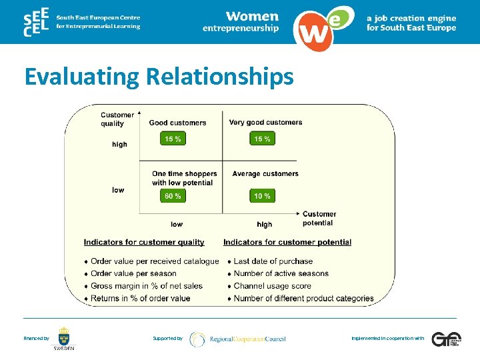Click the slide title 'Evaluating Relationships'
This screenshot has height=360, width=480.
click(x=159, y=77)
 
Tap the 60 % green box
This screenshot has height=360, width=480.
click(x=173, y=196)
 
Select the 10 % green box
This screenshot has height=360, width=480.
click(x=262, y=196)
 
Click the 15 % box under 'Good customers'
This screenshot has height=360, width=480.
click(x=173, y=139)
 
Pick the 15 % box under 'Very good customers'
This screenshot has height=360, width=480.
click(x=262, y=139)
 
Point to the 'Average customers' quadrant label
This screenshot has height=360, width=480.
click(x=265, y=174)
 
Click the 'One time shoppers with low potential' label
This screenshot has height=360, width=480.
click(x=183, y=178)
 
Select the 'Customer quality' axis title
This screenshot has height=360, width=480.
click(x=117, y=119)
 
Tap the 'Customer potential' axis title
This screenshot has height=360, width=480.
click(x=319, y=218)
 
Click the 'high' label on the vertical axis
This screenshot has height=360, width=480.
click(x=119, y=144)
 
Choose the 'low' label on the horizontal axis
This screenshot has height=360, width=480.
click(x=177, y=225)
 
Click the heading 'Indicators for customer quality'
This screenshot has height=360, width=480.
click(x=144, y=242)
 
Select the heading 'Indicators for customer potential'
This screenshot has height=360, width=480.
click(x=287, y=242)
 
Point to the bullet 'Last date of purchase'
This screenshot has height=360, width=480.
click(x=273, y=261)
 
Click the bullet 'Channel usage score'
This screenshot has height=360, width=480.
click(x=272, y=286)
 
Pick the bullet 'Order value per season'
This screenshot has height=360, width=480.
click(x=133, y=273)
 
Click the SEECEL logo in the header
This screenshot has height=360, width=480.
click(x=35, y=24)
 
